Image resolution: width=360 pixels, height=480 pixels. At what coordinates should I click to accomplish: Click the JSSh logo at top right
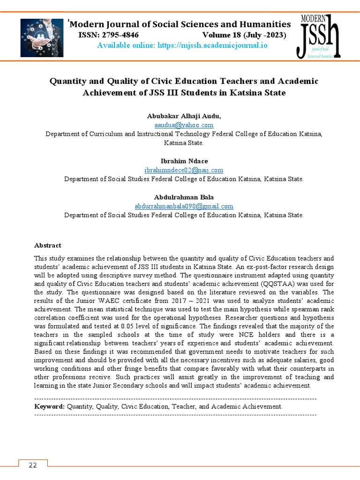pos(317,37)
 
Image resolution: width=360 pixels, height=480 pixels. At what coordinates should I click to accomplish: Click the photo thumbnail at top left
pos(42,37)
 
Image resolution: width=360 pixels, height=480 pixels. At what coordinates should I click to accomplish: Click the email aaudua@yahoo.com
pos(184,125)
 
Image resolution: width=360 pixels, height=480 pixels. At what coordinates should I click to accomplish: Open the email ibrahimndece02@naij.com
pos(184,170)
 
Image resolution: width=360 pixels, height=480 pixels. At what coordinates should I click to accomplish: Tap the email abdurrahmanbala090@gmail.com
pos(184,206)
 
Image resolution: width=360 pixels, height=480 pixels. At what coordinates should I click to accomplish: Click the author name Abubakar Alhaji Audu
pos(184,116)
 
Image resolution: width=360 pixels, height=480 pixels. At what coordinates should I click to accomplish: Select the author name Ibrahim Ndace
pos(184,161)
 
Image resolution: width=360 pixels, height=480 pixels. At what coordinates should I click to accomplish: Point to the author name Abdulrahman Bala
pos(184,197)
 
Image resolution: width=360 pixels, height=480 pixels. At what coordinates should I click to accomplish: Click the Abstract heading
pos(48,245)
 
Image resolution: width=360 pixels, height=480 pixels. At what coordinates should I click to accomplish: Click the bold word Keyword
pos(49,406)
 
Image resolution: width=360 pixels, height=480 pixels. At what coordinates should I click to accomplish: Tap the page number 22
pos(33,465)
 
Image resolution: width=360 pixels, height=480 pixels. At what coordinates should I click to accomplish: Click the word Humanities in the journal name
pos(266,24)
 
